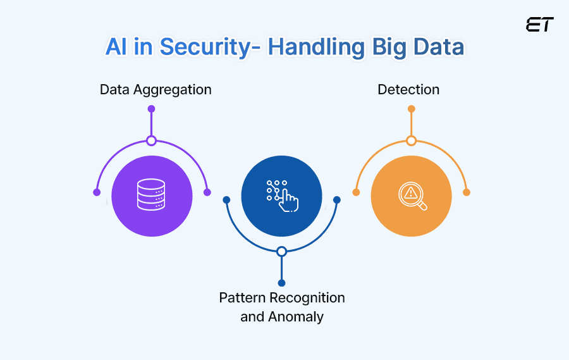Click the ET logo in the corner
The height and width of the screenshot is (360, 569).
click(539, 25)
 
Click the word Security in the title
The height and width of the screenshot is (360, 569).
click(209, 47)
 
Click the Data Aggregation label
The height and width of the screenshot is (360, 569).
click(156, 89)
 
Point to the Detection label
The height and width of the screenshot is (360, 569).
click(408, 89)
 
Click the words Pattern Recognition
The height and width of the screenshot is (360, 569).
click(282, 297)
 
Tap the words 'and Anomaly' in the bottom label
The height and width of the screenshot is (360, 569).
click(282, 316)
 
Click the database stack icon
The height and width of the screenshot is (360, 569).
click(152, 196)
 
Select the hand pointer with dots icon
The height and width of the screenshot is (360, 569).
click(282, 196)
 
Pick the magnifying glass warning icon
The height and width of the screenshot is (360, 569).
click(412, 196)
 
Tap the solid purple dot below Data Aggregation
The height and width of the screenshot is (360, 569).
click(151, 109)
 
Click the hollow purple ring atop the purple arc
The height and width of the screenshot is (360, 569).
click(151, 140)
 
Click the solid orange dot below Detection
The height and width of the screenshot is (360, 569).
click(412, 109)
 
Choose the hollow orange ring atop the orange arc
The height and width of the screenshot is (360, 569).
click(412, 140)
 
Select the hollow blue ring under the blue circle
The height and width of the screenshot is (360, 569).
click(282, 251)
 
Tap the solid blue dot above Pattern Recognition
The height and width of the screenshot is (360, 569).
click(282, 283)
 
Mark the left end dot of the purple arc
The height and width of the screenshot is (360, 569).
click(97, 192)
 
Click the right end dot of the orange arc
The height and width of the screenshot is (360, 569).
click(467, 192)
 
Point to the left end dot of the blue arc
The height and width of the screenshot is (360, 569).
click(226, 200)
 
